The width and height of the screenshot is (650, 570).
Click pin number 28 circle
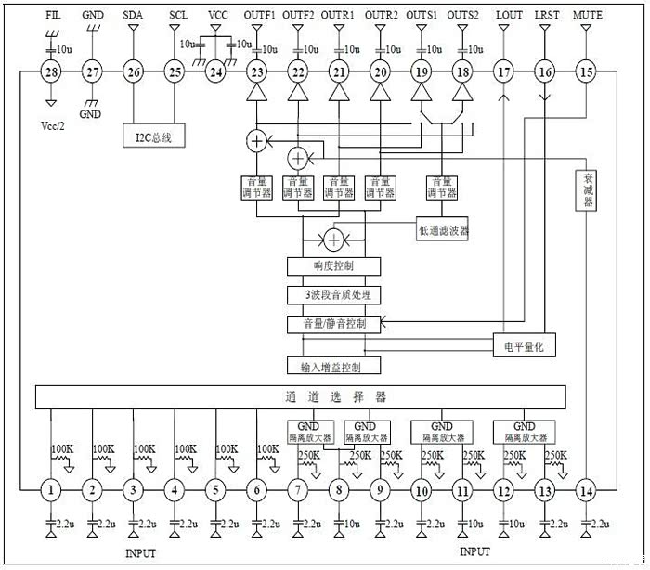click(x=51, y=71)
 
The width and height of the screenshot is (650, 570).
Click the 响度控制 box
click(x=334, y=266)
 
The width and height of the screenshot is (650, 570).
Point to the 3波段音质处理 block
click(x=334, y=295)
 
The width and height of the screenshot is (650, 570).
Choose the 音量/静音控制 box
click(x=334, y=324)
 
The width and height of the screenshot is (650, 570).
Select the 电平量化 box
click(x=526, y=345)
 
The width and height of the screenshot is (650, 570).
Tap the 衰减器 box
click(x=588, y=190)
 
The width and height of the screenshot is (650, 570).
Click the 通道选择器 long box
click(x=333, y=396)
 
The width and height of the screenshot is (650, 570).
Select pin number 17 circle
click(x=503, y=71)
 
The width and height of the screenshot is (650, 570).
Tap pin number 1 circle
click(x=51, y=489)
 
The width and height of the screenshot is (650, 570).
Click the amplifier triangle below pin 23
click(x=256, y=94)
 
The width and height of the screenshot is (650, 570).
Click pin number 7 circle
click(x=298, y=489)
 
